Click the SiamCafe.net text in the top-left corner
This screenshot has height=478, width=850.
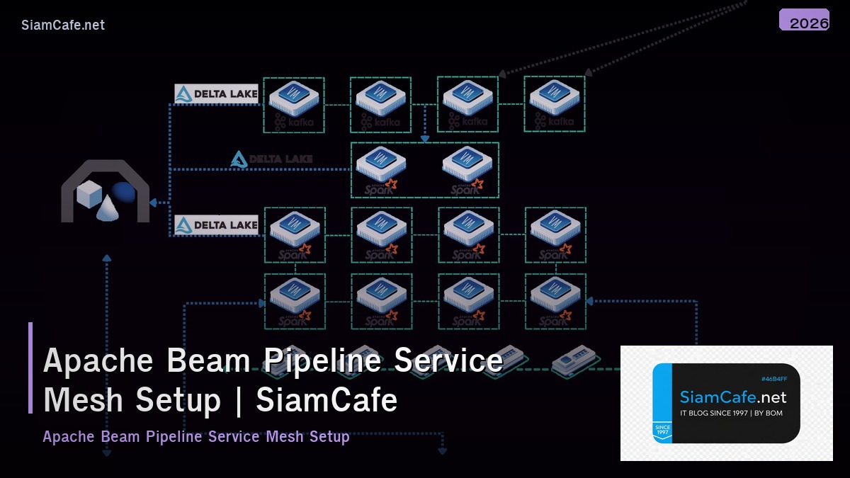pyautogui.click(x=63, y=25)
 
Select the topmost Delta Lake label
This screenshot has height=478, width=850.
pyautogui.click(x=216, y=94)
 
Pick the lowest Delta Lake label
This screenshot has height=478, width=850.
pyautogui.click(x=216, y=225)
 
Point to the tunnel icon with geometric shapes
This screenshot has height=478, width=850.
pyautogui.click(x=106, y=191)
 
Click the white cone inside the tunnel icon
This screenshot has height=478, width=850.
pyautogui.click(x=107, y=207)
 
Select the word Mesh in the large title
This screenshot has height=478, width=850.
pyautogui.click(x=85, y=400)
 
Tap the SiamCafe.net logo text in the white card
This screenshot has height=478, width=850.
pyautogui.click(x=733, y=397)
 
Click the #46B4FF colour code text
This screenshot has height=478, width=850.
pyautogui.click(x=773, y=379)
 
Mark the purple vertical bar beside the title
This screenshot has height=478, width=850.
pyautogui.click(x=30, y=368)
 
